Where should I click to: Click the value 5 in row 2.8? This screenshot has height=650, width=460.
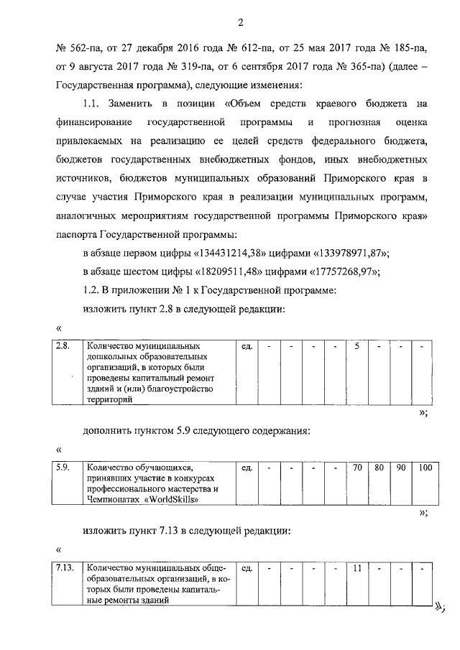(x=357, y=347)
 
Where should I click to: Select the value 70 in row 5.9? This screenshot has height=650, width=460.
(x=357, y=468)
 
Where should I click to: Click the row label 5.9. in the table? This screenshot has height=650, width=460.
(x=63, y=468)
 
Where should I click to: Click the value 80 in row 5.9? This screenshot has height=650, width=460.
(x=379, y=468)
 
